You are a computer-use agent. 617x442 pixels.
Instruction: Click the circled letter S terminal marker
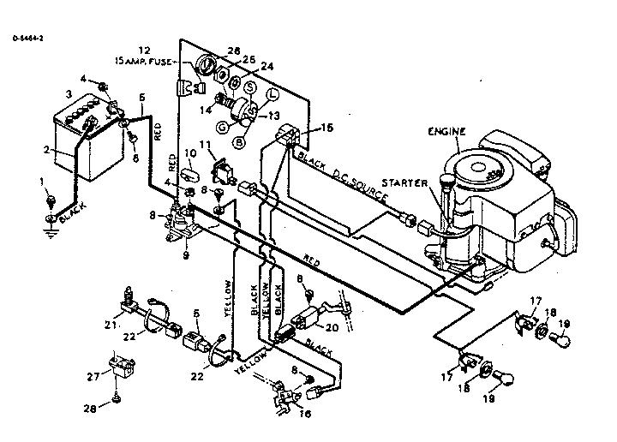pyautogui.click(x=250, y=87)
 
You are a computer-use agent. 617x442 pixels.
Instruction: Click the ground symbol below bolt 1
pyautogui.click(x=51, y=225)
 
